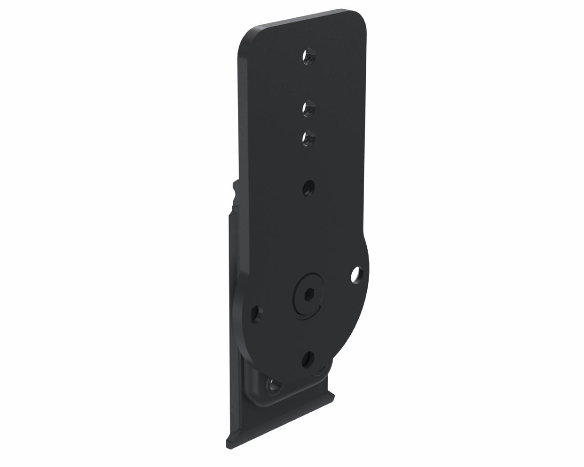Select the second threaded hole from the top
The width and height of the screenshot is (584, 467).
[x=309, y=109]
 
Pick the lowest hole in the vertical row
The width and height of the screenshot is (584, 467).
[x=309, y=187]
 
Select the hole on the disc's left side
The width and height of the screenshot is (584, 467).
[x=258, y=314]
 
